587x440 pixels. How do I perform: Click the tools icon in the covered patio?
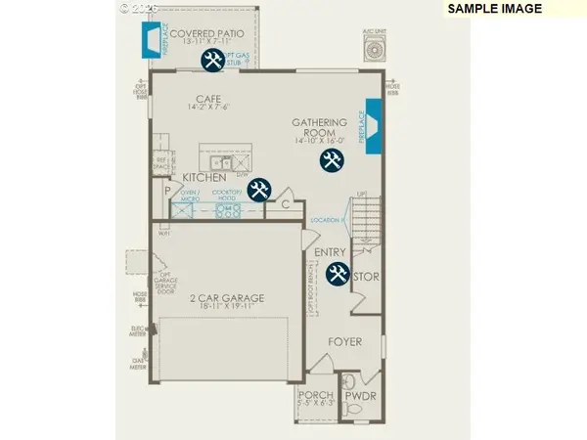(x=212, y=61)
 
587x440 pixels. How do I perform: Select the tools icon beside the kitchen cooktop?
(x=259, y=190)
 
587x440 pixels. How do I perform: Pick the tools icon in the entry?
(x=338, y=274)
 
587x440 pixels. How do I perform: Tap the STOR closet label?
(x=367, y=277)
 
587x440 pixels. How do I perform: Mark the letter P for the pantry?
(x=167, y=191)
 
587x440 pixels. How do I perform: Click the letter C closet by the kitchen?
(x=286, y=205)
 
